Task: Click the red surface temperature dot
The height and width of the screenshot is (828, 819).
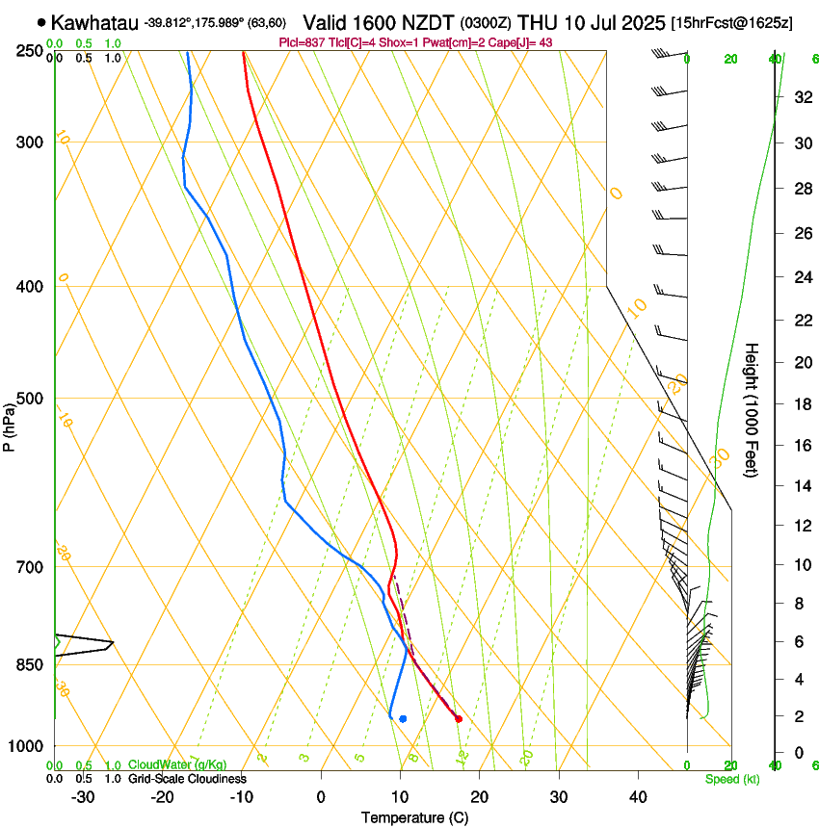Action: click(x=458, y=718)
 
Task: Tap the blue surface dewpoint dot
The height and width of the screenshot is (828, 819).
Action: click(x=403, y=718)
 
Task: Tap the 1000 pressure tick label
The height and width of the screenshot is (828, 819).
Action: click(x=28, y=746)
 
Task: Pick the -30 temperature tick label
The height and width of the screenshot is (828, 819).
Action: click(x=83, y=796)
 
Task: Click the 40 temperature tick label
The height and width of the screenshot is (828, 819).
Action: click(x=638, y=796)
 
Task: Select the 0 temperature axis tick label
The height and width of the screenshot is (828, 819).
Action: click(x=322, y=796)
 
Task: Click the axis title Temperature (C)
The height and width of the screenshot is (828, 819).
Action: click(x=415, y=817)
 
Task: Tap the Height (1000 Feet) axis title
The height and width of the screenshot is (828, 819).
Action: click(x=753, y=410)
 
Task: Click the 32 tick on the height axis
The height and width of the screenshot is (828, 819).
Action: click(x=801, y=97)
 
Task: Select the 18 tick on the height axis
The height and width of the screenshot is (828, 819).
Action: click(x=801, y=404)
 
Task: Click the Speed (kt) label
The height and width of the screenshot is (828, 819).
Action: click(x=731, y=779)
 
